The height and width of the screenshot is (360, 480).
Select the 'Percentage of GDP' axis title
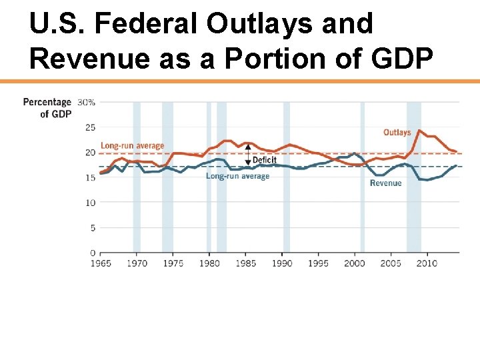(47, 108)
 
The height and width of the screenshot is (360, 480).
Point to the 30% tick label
(87, 102)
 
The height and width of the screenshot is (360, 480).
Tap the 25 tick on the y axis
(90, 127)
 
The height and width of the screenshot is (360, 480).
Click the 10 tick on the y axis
(90, 203)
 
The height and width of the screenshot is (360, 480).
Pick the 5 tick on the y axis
(92, 228)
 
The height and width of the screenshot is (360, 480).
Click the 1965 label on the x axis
(101, 263)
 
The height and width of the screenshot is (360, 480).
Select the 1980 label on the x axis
(209, 263)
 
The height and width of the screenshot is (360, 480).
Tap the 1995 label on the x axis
(318, 263)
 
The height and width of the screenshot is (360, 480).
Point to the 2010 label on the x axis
(427, 263)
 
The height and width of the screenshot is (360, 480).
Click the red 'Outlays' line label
(397, 133)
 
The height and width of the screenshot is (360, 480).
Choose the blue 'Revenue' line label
(385, 183)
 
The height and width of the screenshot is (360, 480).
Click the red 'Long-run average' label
(132, 146)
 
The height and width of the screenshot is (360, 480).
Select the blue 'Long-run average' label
(237, 176)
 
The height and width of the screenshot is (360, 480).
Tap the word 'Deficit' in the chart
(264, 161)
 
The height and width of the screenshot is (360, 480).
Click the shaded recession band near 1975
(167, 177)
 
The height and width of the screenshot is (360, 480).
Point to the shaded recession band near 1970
(137, 177)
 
